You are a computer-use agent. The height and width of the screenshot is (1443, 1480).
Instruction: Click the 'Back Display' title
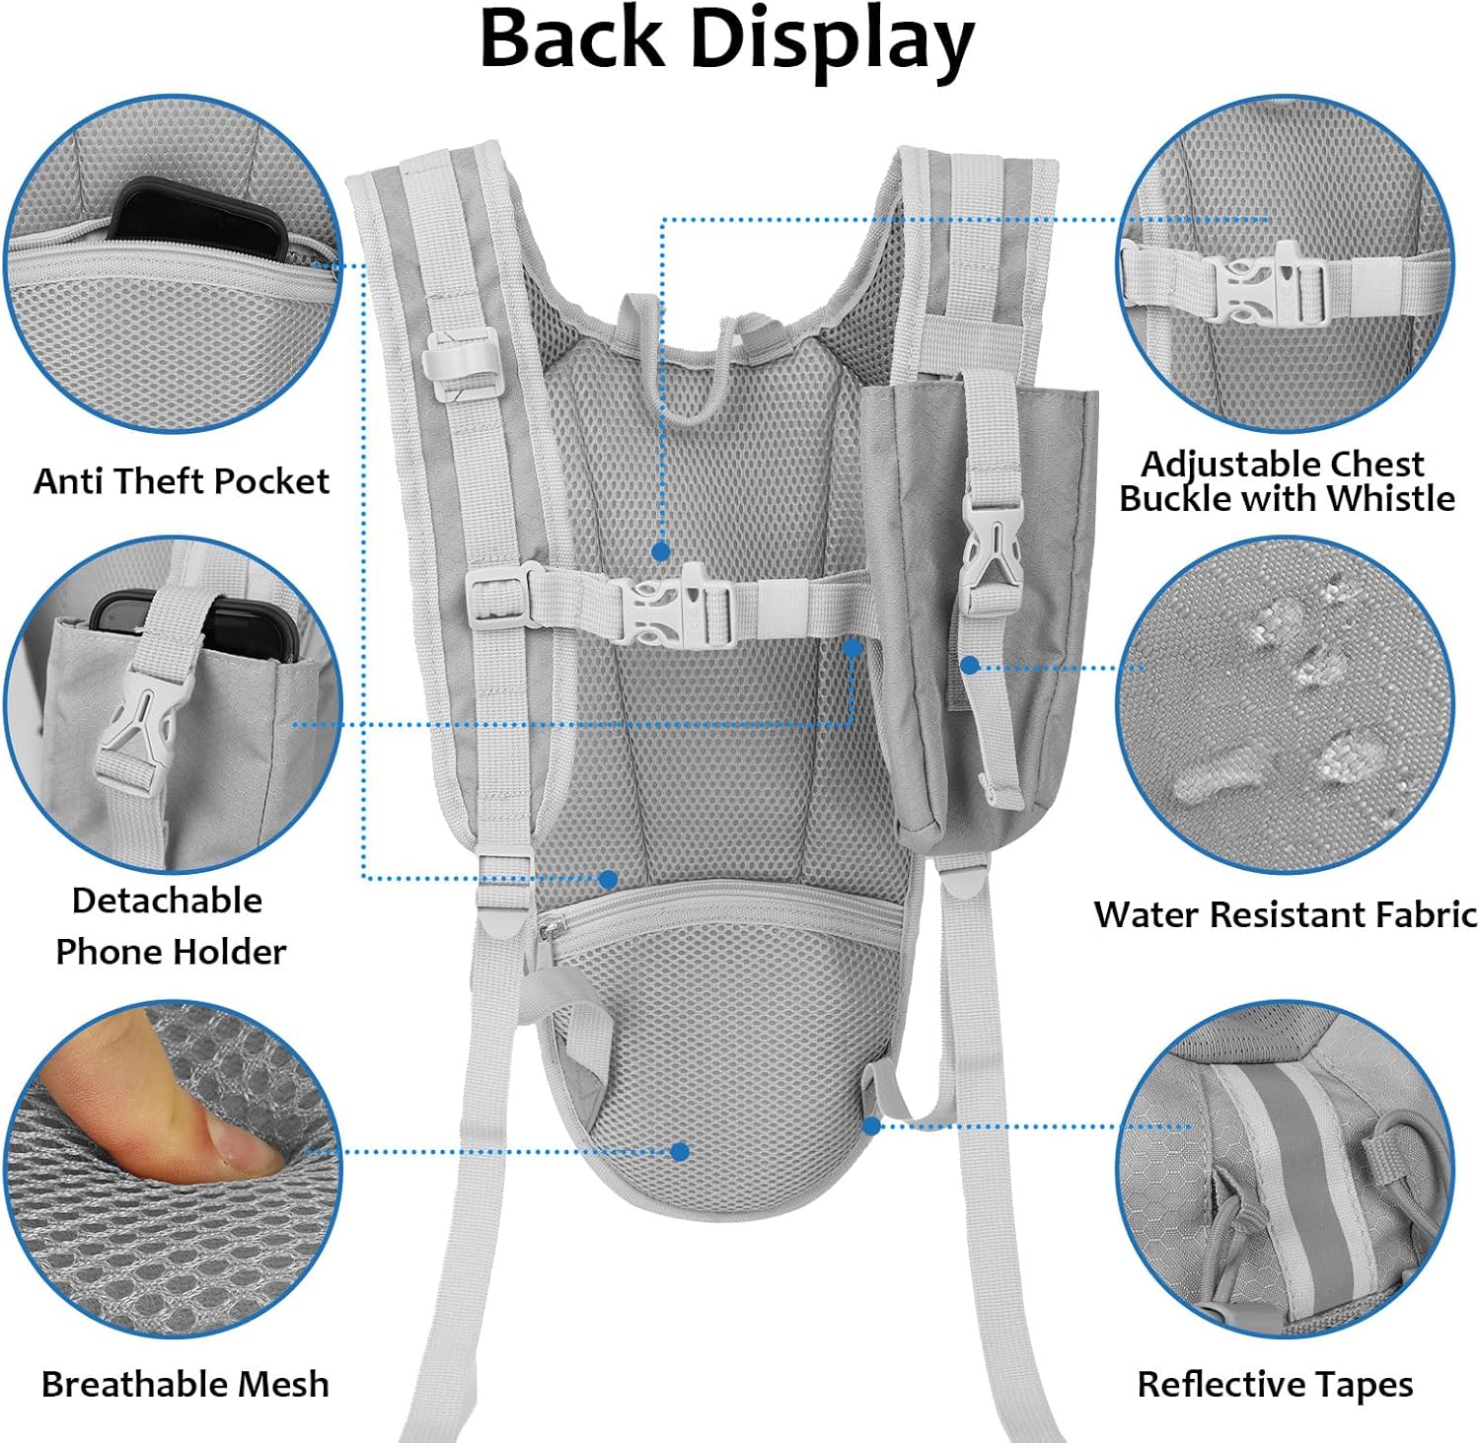click(726, 39)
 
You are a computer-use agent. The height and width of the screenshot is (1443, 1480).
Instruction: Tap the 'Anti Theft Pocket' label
click(182, 481)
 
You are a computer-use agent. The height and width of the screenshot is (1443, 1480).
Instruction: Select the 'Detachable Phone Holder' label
click(170, 925)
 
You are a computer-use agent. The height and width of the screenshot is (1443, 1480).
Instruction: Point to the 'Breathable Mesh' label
click(185, 1384)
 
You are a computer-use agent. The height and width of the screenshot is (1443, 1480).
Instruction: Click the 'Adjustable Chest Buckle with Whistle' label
click(1287, 480)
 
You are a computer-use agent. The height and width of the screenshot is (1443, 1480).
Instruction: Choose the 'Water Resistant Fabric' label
click(1285, 914)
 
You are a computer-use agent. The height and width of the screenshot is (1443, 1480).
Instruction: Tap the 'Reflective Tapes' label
click(1275, 1384)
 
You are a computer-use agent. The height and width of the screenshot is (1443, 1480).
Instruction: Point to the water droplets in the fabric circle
click(1283, 690)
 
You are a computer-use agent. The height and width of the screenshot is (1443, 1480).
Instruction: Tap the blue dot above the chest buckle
click(661, 551)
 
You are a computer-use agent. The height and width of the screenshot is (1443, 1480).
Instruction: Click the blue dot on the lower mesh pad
click(680, 1151)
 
